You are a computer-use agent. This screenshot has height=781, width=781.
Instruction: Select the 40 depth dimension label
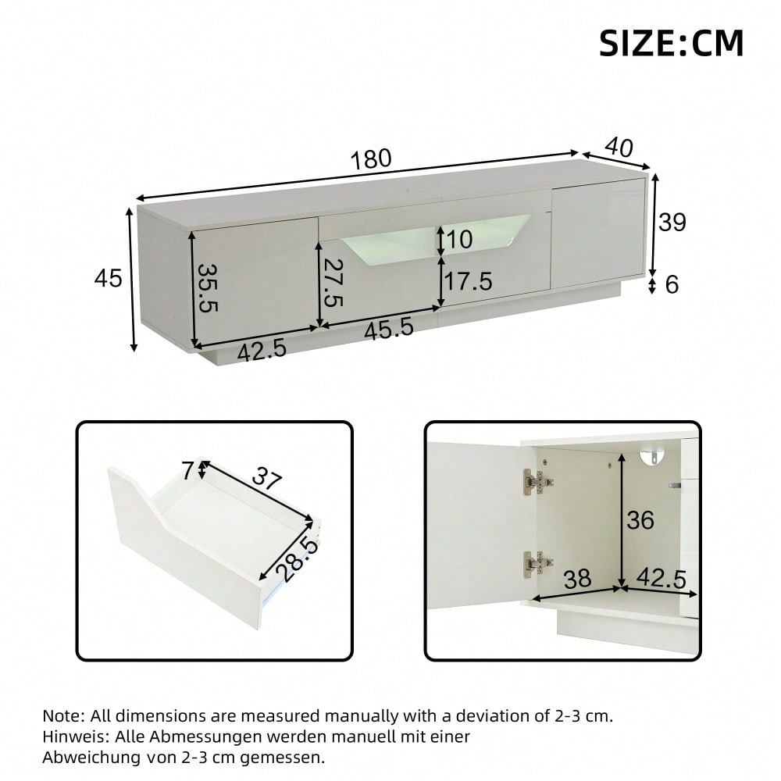[x=618, y=145]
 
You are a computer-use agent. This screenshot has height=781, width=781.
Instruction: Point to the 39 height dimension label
[x=672, y=223]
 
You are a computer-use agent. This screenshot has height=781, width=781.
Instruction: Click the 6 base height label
[x=672, y=285]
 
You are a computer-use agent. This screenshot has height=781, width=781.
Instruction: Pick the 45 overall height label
[x=109, y=277]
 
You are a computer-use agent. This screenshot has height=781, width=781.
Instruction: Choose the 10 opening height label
[x=460, y=240]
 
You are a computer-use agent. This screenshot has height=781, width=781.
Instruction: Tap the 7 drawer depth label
[x=187, y=471]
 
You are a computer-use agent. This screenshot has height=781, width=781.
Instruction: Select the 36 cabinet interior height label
[x=640, y=519]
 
